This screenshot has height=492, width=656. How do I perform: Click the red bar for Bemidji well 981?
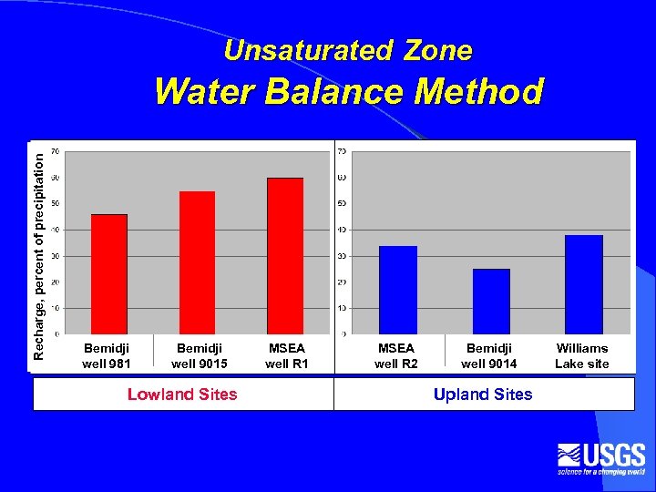click(109, 273)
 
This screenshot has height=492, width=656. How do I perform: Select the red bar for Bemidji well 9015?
click(197, 262)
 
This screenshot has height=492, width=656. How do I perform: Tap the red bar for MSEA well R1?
click(284, 255)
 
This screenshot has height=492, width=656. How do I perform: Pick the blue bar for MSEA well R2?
click(398, 290)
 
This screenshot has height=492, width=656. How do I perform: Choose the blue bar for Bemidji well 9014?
click(491, 301)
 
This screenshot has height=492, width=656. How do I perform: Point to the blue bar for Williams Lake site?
click(584, 284)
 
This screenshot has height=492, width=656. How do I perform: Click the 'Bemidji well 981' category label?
click(107, 356)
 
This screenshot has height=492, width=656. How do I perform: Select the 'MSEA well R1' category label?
click(287, 356)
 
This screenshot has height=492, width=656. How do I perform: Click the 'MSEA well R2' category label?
click(396, 356)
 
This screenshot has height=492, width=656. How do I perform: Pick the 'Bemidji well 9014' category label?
click(489, 356)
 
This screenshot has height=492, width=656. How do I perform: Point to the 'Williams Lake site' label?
click(582, 356)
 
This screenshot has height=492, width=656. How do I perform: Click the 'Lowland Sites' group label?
click(182, 395)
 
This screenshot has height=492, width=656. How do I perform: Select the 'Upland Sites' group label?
click(483, 395)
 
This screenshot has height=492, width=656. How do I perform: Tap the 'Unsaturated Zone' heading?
click(348, 51)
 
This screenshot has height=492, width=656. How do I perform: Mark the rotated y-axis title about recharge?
click(38, 253)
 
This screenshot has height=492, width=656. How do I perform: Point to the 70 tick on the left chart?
click(56, 150)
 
